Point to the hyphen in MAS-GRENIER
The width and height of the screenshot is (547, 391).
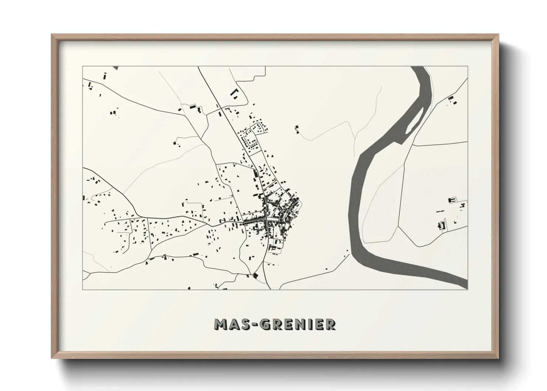[x=253, y=324]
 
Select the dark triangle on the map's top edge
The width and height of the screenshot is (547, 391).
[x=115, y=68]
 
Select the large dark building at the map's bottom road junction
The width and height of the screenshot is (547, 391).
[x=255, y=275]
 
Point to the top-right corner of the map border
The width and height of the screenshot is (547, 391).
[x=468, y=67]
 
